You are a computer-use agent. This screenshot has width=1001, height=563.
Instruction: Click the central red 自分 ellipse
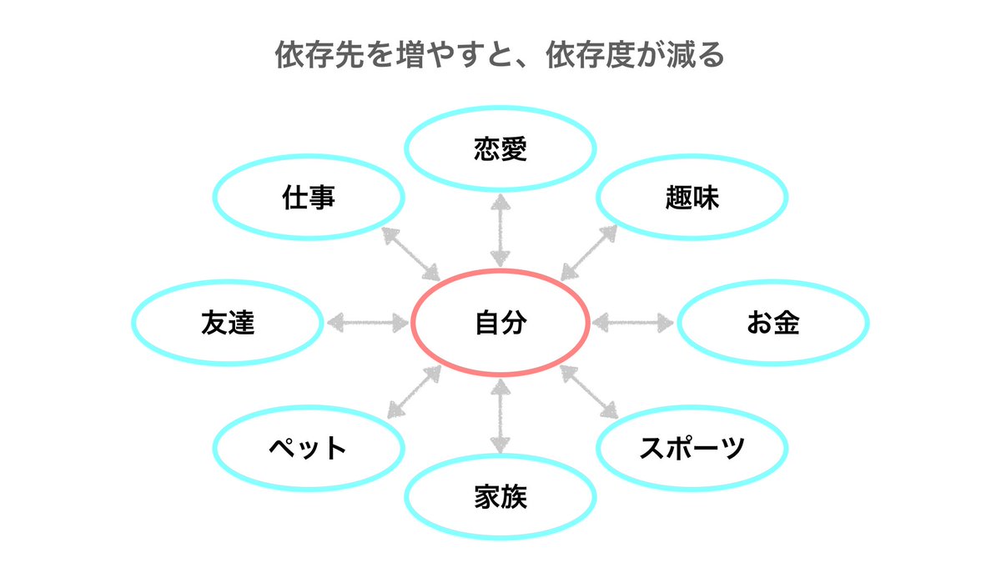pyautogui.click(x=500, y=323)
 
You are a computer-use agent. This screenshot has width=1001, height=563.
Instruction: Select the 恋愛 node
pyautogui.click(x=500, y=148)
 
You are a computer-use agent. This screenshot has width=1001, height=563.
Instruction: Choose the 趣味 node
pyautogui.click(x=692, y=199)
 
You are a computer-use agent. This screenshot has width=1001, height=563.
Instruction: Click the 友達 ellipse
pyautogui.click(x=228, y=323)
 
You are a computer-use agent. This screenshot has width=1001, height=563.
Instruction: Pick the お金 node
pyautogui.click(x=773, y=323)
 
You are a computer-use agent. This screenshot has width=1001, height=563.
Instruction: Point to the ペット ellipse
pyautogui.click(x=309, y=448)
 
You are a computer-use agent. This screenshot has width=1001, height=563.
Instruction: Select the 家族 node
pyautogui.click(x=500, y=497)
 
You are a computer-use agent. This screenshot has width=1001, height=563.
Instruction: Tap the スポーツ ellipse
pyautogui.click(x=692, y=448)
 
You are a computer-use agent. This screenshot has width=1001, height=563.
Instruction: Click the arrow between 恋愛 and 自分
pyautogui.click(x=500, y=230)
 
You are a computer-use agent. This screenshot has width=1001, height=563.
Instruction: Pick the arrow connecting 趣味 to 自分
pyautogui.click(x=589, y=252)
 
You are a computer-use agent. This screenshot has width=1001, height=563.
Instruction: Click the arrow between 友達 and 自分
pyautogui.click(x=367, y=322)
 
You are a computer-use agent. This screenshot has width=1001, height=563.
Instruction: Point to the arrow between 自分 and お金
pyautogui.click(x=633, y=322)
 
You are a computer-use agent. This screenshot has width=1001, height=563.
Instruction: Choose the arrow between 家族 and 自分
pyautogui.click(x=500, y=415)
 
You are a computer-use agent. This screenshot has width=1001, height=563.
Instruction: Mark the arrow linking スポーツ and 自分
pyautogui.click(x=589, y=391)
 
